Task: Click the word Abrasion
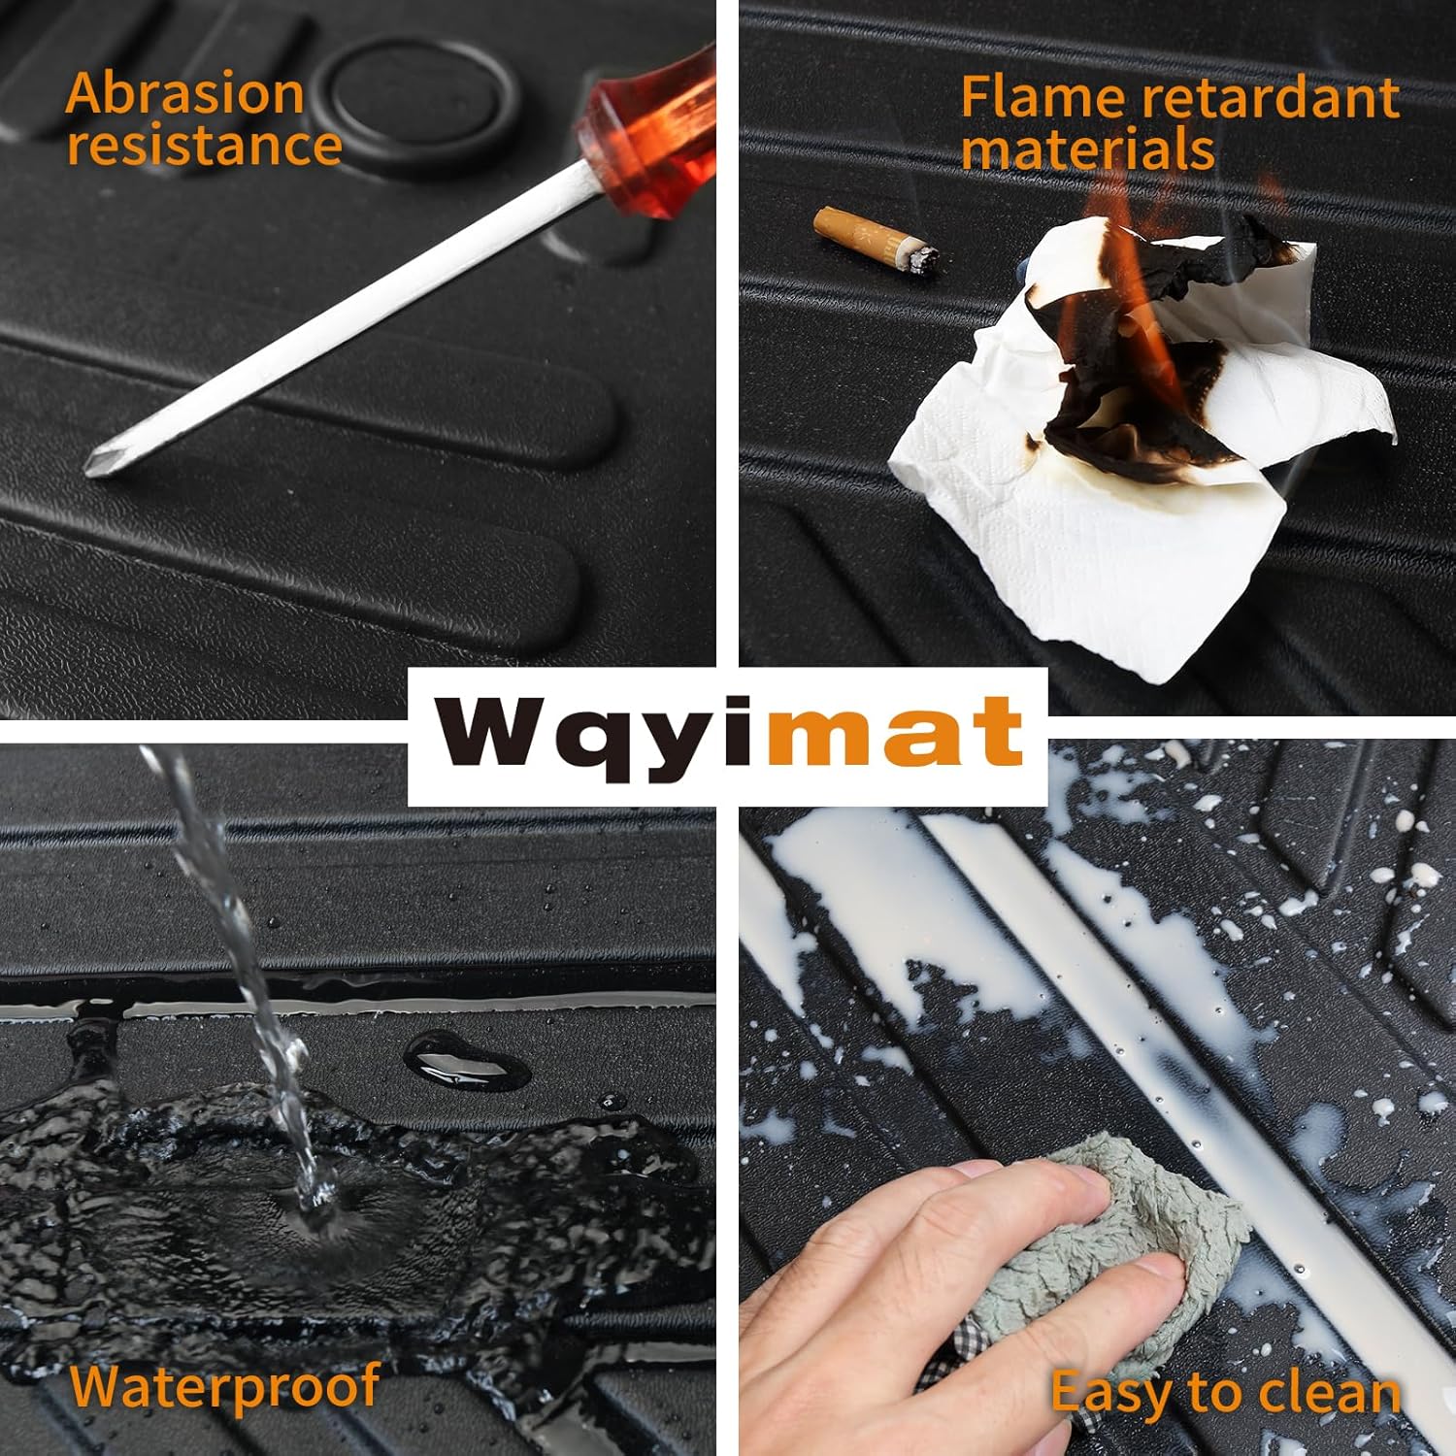pos(185,94)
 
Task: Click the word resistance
pos(204,146)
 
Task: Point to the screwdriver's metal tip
pos(97,464)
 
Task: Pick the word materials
pos(1087,149)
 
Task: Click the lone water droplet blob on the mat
pos(466,1060)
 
